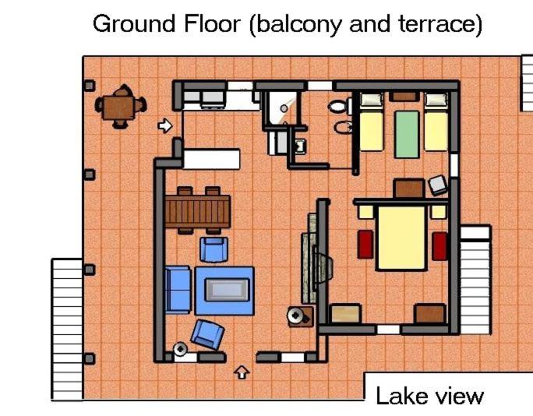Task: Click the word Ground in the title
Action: pos(135,24)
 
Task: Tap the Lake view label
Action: pos(429,396)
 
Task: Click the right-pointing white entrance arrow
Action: pos(165,125)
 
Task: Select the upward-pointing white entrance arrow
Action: pos(242,372)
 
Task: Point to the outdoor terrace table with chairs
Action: pos(120,107)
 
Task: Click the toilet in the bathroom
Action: pos(340,107)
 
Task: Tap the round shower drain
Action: pos(284,108)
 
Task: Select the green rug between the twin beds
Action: pos(407,134)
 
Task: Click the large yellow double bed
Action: pos(401,238)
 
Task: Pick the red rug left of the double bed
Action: pos(365,245)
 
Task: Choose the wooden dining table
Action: pos(198,211)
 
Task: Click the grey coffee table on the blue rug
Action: pos(227,290)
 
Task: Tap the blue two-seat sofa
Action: pos(178,290)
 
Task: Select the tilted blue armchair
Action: pos(207,334)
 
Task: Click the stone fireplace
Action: pos(316,259)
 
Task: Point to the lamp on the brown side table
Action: pos(296,316)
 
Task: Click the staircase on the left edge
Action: pos(67,329)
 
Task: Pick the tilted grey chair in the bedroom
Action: pos(438,185)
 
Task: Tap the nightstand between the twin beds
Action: pos(404,97)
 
